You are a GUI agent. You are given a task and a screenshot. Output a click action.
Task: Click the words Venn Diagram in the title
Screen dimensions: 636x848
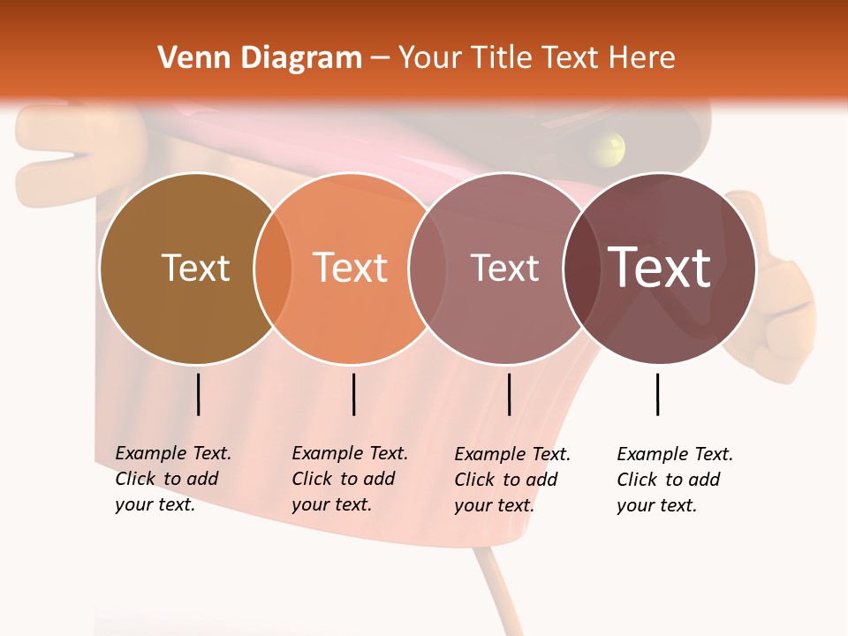pyautogui.click(x=260, y=58)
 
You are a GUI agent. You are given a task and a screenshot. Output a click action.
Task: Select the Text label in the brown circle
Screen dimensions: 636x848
pyautogui.click(x=196, y=268)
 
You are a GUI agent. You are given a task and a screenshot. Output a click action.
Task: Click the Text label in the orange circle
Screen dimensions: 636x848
pyautogui.click(x=351, y=268)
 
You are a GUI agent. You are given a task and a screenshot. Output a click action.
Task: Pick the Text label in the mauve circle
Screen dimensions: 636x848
pyautogui.click(x=504, y=268)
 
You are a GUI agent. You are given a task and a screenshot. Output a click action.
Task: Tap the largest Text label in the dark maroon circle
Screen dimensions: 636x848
pyautogui.click(x=659, y=268)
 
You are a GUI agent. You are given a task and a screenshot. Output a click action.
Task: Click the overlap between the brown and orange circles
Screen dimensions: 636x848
pyautogui.click(x=273, y=268)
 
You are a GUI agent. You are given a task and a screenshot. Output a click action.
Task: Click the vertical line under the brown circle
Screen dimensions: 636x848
pyautogui.click(x=198, y=394)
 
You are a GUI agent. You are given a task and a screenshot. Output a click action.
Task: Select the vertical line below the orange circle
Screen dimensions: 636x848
pyautogui.click(x=353, y=394)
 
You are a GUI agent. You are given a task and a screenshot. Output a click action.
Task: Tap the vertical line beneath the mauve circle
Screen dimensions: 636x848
pyautogui.click(x=509, y=394)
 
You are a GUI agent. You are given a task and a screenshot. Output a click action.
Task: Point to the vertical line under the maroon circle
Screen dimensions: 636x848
pyautogui.click(x=657, y=394)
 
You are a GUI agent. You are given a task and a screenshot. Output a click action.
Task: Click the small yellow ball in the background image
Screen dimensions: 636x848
pyautogui.click(x=609, y=148)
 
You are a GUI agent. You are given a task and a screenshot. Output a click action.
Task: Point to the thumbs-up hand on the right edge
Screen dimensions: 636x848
pyautogui.click(x=777, y=291)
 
